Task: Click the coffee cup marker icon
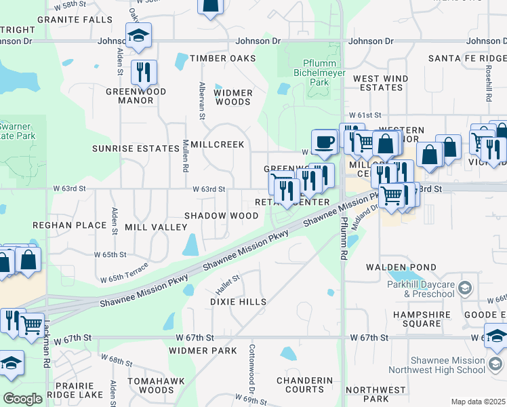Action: pyautogui.click(x=325, y=142)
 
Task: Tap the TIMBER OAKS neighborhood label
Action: pyautogui.click(x=223, y=58)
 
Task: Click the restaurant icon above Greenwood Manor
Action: pyautogui.click(x=144, y=72)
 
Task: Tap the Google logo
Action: pyautogui.click(x=22, y=399)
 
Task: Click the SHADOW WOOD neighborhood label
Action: pyautogui.click(x=222, y=216)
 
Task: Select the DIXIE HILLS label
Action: pyautogui.click(x=237, y=301)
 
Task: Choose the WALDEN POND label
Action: pyautogui.click(x=392, y=268)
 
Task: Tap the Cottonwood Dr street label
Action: pyautogui.click(x=251, y=361)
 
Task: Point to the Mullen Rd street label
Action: pyautogui.click(x=184, y=158)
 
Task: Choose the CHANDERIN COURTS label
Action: pyautogui.click(x=304, y=385)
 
